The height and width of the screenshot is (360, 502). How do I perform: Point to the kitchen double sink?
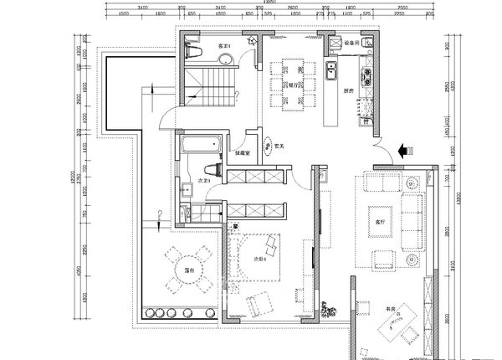point(330,70)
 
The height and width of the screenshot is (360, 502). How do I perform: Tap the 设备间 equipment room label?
point(351,41)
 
